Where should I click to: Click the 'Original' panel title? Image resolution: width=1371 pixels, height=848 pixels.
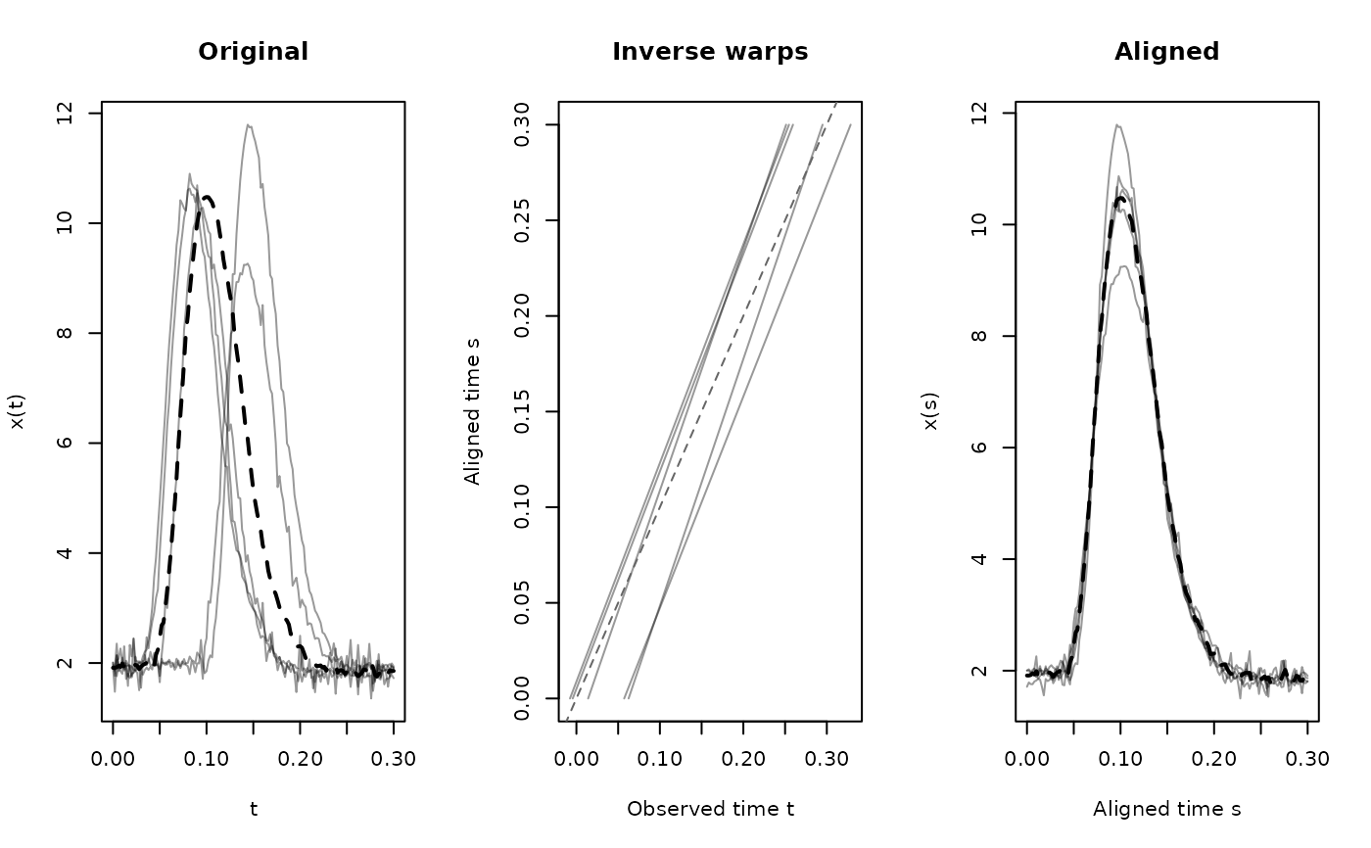[253, 52]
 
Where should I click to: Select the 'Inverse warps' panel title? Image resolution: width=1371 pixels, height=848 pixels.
[710, 52]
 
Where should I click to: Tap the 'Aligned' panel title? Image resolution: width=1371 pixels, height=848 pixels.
[1166, 52]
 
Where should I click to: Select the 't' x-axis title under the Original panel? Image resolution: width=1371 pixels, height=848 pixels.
[253, 809]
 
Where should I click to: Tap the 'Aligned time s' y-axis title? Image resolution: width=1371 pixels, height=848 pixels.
[474, 412]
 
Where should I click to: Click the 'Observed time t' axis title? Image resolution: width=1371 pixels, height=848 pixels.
[710, 809]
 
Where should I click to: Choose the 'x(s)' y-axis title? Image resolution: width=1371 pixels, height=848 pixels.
[930, 412]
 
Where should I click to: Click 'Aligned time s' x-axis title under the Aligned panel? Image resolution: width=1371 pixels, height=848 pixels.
[1166, 809]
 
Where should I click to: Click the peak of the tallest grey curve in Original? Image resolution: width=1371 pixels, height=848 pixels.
[249, 125]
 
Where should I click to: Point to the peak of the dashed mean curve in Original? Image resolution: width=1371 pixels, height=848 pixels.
[207, 197]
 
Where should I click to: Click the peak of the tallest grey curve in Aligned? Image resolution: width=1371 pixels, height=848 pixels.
[1117, 125]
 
